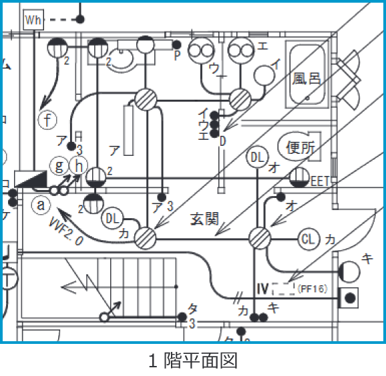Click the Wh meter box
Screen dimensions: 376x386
[x=33, y=20]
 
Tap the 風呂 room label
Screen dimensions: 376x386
[x=307, y=79]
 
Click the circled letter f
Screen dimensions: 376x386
[x=47, y=120]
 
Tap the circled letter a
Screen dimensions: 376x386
[x=41, y=205]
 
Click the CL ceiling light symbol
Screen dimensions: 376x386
[x=307, y=238]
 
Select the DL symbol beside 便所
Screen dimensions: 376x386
[x=257, y=158]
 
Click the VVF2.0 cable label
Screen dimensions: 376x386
[x=65, y=231]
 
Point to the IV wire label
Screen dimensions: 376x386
[x=262, y=289]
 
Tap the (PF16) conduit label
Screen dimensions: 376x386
[x=312, y=289]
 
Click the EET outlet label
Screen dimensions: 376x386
[x=321, y=180]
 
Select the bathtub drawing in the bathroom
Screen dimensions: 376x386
[x=307, y=73]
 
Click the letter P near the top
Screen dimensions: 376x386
[x=177, y=56]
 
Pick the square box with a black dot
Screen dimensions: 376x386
[x=349, y=295]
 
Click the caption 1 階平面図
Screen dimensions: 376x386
[x=192, y=361]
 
